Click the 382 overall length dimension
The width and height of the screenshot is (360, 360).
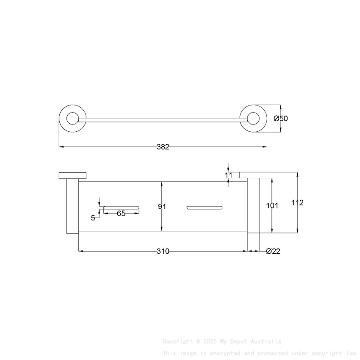click(163, 147)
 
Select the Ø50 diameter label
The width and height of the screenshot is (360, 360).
click(280, 119)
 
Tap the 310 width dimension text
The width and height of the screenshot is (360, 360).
click(163, 251)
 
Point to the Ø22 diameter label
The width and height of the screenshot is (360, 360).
click(273, 251)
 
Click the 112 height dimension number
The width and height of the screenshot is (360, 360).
click(297, 203)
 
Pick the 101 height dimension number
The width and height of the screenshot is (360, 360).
click(271, 205)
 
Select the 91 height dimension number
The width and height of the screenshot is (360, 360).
click(162, 206)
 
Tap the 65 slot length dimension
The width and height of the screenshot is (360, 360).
click(121, 213)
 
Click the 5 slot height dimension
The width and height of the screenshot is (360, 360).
click(93, 218)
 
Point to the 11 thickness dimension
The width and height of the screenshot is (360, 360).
click(228, 174)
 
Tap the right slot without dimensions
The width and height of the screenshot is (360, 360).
click(204, 208)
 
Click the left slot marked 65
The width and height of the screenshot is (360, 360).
click(121, 208)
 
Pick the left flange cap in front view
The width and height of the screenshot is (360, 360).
click(72, 176)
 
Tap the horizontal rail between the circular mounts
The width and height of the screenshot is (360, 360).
click(163, 120)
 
